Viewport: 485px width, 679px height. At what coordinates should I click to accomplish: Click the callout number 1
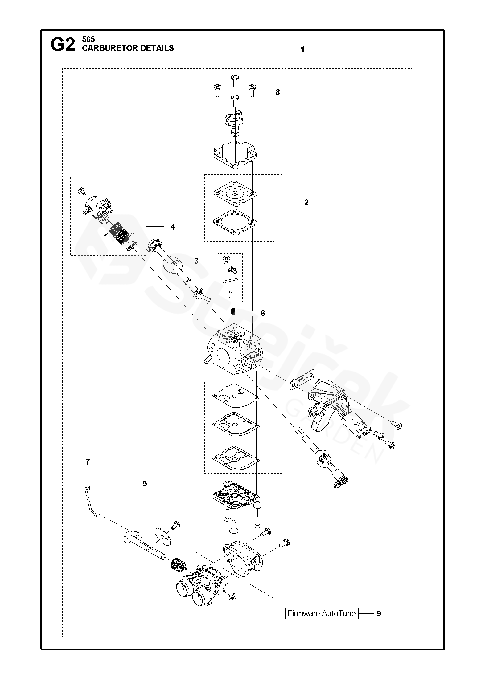(x=302, y=49)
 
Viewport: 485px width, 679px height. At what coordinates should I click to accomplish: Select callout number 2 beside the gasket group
(x=306, y=202)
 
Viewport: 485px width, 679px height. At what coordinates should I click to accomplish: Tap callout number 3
(x=196, y=261)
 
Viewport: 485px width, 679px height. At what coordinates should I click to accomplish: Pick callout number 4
(x=173, y=227)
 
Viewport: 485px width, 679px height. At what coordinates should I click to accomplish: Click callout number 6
(x=263, y=313)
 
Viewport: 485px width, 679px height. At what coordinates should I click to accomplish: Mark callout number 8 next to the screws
(x=277, y=92)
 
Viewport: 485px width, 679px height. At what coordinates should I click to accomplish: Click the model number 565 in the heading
(x=88, y=39)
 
